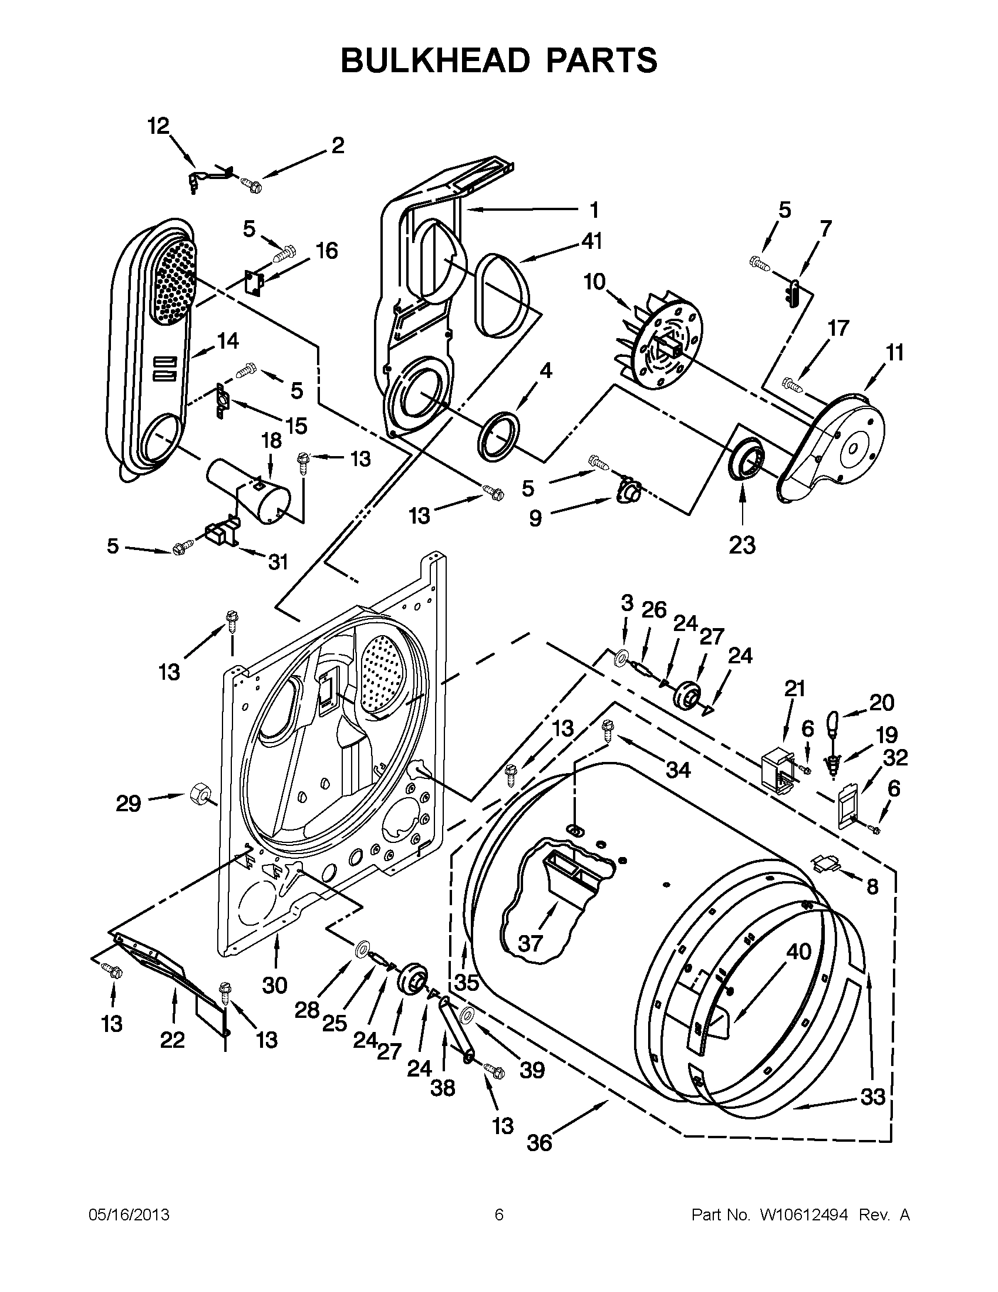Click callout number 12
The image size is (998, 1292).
158,126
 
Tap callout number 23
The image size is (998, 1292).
742,545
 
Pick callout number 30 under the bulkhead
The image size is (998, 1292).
275,985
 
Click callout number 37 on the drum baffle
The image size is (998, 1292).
530,943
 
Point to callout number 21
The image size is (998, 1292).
795,689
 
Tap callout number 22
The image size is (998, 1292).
172,1040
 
